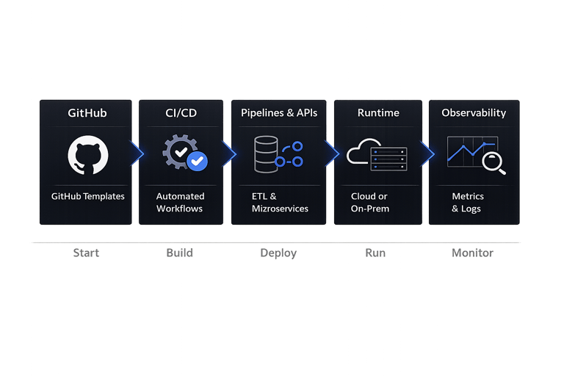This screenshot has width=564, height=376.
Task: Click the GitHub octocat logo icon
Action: (x=88, y=155)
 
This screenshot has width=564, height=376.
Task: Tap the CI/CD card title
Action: (x=181, y=113)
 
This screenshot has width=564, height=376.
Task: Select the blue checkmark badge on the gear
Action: (x=197, y=161)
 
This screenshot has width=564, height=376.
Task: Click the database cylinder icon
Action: (x=266, y=154)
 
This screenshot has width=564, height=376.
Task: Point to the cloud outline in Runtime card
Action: (x=360, y=151)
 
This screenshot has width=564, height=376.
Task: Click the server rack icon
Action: (x=388, y=159)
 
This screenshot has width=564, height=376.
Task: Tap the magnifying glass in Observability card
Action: (x=493, y=163)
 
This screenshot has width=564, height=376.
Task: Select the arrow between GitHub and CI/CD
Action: (x=137, y=153)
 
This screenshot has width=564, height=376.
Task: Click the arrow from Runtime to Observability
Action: (x=427, y=154)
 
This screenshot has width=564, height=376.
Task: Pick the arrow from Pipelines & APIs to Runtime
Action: (x=333, y=153)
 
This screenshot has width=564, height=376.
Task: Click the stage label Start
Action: (x=86, y=253)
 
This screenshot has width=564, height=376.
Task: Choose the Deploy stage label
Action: (x=278, y=253)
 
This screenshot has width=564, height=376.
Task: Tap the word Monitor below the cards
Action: (x=472, y=253)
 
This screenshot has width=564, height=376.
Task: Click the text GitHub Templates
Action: (x=88, y=197)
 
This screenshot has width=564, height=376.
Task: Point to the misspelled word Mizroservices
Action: (x=280, y=209)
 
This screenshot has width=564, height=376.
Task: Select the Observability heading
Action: (x=474, y=113)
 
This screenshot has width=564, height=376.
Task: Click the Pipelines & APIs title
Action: (x=279, y=113)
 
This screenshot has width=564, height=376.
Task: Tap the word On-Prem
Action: (x=370, y=209)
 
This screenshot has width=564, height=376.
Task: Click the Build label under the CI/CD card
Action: (x=179, y=253)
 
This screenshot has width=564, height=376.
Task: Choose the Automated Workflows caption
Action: (x=180, y=203)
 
